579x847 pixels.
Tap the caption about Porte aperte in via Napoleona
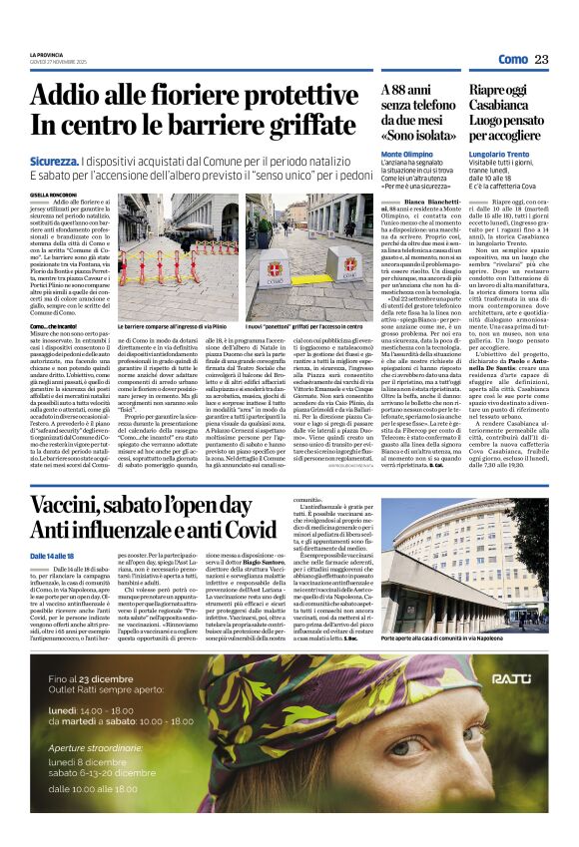[x=467, y=637]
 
